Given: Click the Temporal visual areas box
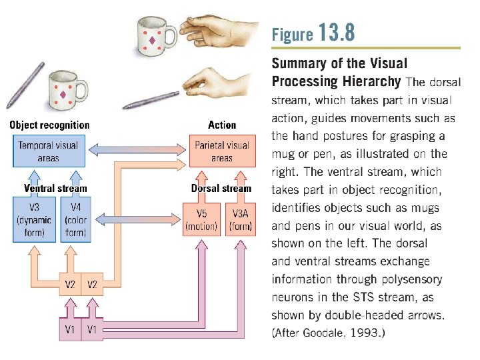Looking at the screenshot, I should point(49,151).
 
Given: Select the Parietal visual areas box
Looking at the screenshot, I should point(222,151).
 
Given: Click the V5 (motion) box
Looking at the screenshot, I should point(201,220).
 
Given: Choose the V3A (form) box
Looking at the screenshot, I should point(241,220).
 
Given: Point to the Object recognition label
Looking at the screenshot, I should point(49,125).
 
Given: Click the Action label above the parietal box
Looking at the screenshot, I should point(222,125).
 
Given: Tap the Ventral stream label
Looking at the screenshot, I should point(55,188).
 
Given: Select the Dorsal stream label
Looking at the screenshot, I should point(221,188).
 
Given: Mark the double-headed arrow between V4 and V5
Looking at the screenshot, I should point(136,218).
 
